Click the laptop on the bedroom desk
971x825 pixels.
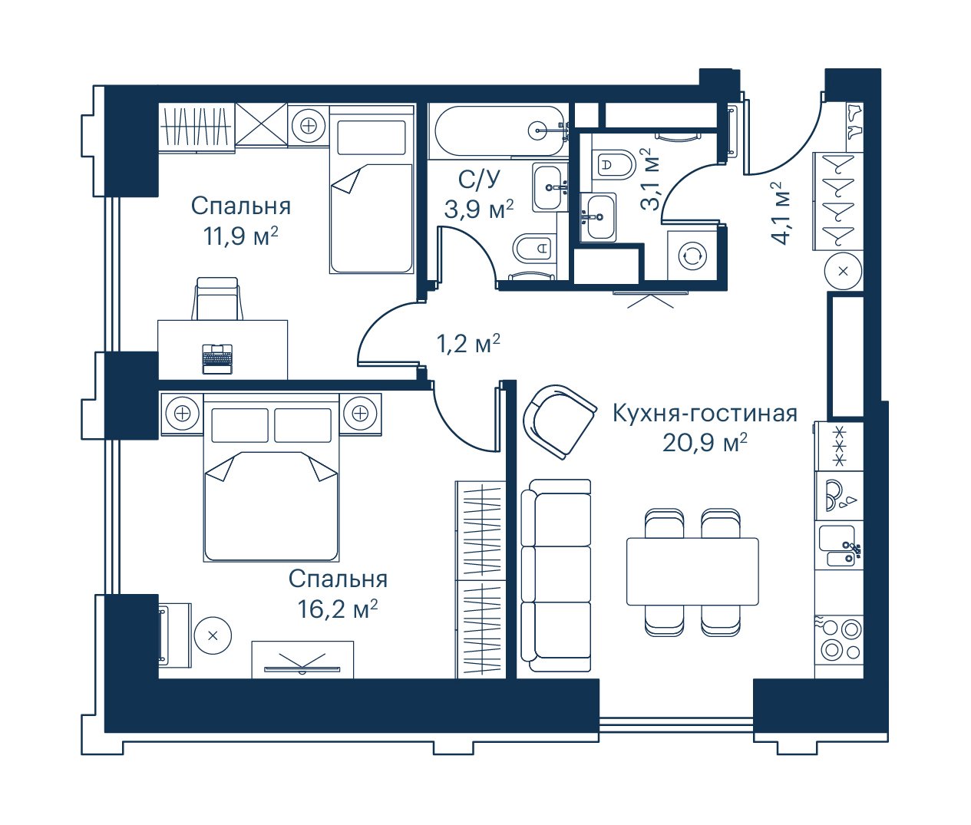click(217, 358)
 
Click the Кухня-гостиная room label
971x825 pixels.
click(705, 414)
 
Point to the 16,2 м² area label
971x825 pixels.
click(338, 609)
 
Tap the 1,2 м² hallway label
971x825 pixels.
click(468, 345)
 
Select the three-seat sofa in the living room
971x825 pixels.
click(556, 576)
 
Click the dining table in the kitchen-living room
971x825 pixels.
click(692, 571)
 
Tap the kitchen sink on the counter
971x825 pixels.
click(841, 545)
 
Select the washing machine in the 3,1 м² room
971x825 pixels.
click(692, 256)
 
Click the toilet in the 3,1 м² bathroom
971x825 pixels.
click(614, 164)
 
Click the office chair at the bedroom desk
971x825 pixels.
click(217, 299)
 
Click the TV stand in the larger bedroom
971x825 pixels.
click(302, 659)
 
